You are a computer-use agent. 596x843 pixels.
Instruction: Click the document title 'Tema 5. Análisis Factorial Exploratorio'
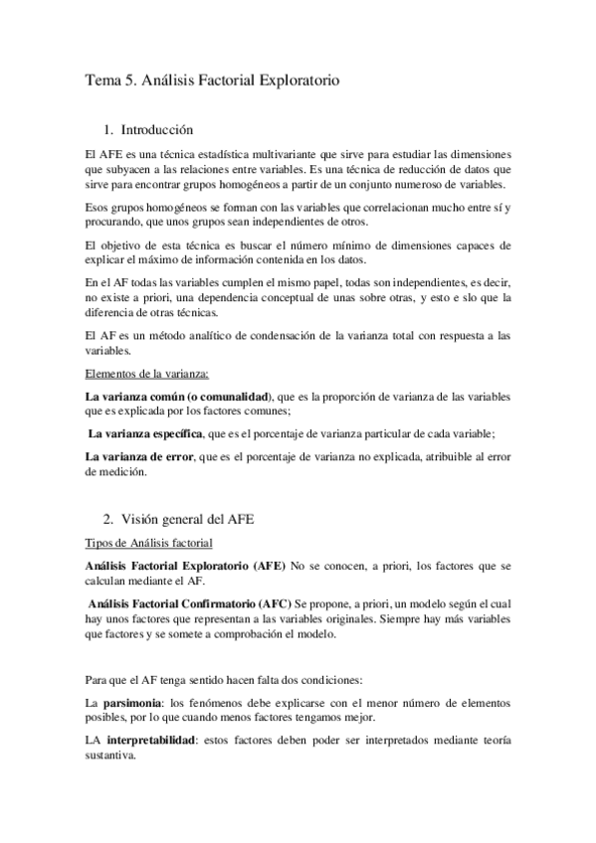(x=212, y=85)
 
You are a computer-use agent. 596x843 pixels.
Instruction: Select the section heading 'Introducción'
(x=156, y=129)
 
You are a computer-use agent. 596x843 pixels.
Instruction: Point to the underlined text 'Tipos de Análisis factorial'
(x=148, y=542)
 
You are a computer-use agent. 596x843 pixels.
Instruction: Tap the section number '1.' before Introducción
(x=109, y=129)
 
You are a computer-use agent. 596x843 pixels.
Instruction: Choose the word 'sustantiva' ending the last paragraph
(x=112, y=755)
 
